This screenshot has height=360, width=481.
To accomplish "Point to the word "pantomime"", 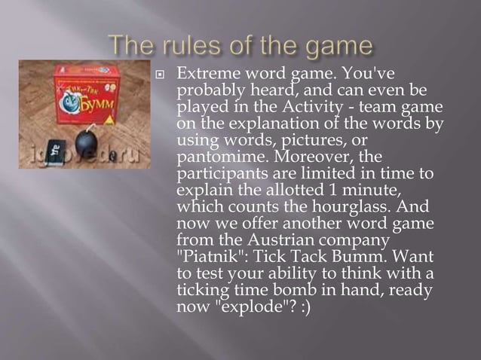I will (214, 157).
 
